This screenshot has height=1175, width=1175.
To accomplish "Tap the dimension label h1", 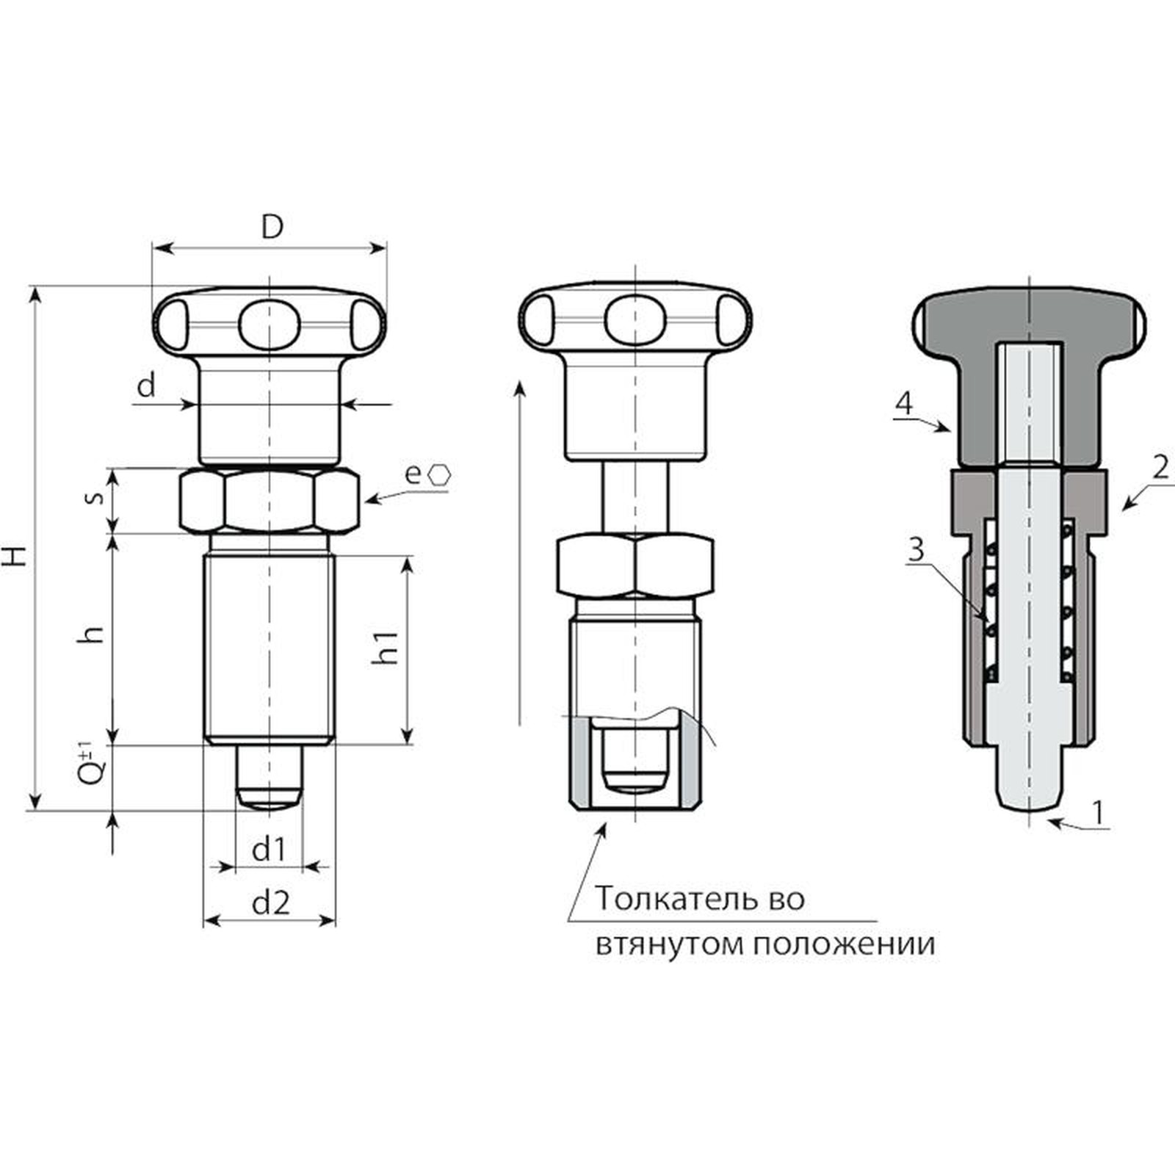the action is [386, 646].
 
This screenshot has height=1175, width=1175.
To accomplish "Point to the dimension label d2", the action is [271, 903].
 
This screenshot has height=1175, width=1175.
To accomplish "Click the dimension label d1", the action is [268, 850].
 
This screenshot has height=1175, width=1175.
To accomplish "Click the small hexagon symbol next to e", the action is [440, 474].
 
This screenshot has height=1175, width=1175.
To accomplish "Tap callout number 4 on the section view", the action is [905, 402].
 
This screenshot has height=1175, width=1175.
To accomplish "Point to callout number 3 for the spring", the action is [916, 549].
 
